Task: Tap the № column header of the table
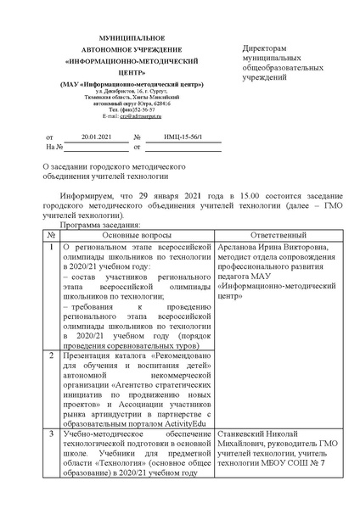[52, 234]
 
